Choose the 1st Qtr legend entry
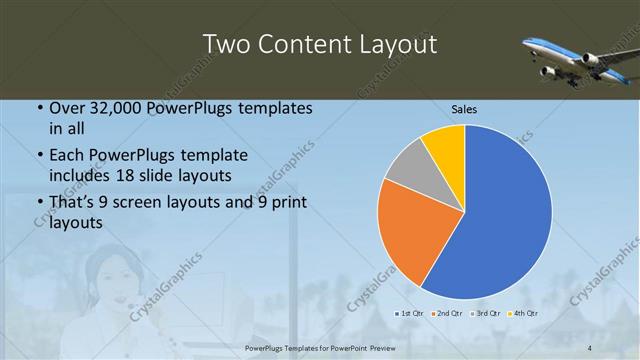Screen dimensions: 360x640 click(408, 314)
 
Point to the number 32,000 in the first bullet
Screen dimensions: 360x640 click(113, 107)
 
